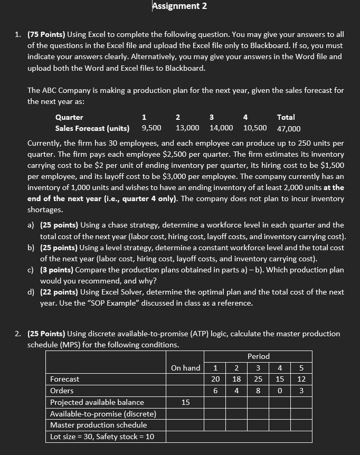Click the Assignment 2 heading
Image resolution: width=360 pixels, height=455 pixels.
(x=179, y=6)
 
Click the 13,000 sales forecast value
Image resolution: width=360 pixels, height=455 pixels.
(x=187, y=128)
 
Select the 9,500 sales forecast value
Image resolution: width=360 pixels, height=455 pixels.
(x=151, y=128)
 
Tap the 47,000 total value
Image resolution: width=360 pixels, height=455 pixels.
(x=289, y=129)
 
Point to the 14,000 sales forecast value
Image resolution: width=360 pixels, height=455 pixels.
(x=221, y=128)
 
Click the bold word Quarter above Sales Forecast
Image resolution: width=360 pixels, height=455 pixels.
(x=69, y=117)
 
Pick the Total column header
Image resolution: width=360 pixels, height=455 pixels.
(x=286, y=117)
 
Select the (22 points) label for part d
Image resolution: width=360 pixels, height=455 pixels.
(x=64, y=292)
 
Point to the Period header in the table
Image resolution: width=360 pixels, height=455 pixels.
(x=258, y=356)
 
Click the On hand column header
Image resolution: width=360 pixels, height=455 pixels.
(x=186, y=368)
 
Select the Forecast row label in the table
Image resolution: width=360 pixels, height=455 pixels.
(x=65, y=379)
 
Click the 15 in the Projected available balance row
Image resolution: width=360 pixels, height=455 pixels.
(x=186, y=402)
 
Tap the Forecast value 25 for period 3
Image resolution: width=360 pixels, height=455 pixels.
(x=258, y=379)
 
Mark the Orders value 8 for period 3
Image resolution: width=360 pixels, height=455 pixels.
(x=258, y=391)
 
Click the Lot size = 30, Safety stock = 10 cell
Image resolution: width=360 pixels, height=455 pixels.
(x=101, y=437)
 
